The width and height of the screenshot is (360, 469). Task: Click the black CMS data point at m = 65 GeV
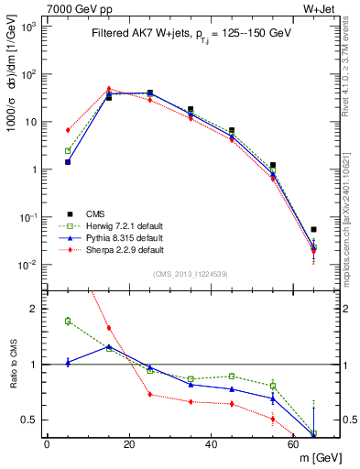click(313, 229)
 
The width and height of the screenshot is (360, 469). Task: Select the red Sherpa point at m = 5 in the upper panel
click(68, 130)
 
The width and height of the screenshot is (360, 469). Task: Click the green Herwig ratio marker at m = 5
click(68, 321)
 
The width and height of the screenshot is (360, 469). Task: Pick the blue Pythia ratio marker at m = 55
click(272, 398)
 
